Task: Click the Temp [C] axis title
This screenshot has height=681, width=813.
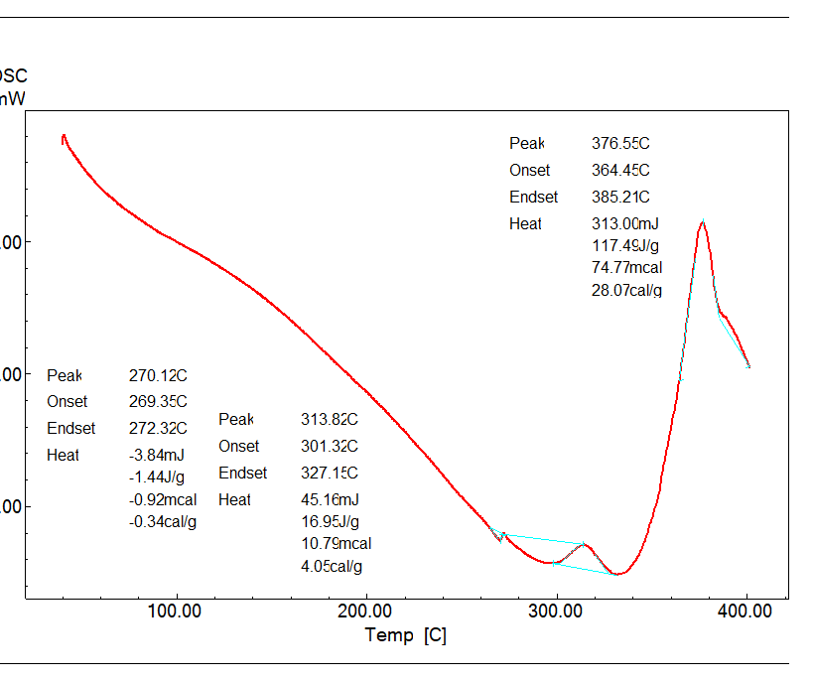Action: (405, 635)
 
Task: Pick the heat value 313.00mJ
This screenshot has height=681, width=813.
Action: (625, 224)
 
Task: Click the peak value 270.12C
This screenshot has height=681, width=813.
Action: (158, 375)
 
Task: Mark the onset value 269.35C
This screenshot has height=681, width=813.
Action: (158, 402)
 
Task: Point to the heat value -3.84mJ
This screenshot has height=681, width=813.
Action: (157, 455)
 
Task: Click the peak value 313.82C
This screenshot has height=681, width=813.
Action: (330, 420)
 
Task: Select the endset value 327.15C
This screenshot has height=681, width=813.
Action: (330, 474)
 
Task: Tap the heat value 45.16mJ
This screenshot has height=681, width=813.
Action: (330, 500)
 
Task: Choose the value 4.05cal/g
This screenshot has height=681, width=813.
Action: (332, 567)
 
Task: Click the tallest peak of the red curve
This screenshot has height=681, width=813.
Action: (702, 223)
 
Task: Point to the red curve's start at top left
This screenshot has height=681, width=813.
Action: (64, 136)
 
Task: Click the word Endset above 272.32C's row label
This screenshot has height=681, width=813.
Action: (71, 429)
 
